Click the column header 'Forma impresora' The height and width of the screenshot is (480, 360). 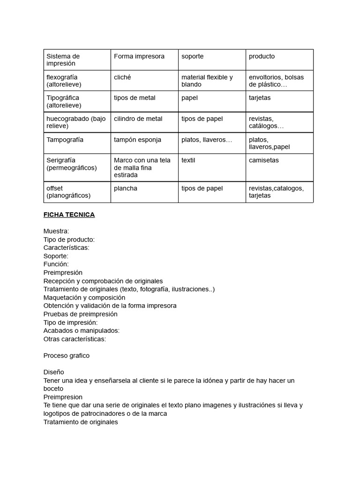pyautogui.click(x=139, y=56)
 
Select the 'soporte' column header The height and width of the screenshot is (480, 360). pyautogui.click(x=193, y=56)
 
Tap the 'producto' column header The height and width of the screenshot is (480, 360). pyautogui.click(x=262, y=56)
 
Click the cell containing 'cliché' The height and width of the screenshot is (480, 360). pyautogui.click(x=122, y=77)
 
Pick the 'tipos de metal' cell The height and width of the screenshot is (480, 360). pyautogui.click(x=135, y=98)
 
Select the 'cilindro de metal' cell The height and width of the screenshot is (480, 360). pyautogui.click(x=138, y=119)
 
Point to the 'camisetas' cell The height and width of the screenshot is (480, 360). pyautogui.click(x=263, y=160)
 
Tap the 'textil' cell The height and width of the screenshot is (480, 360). pyautogui.click(x=188, y=160)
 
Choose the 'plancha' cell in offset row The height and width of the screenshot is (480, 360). pyautogui.click(x=126, y=188)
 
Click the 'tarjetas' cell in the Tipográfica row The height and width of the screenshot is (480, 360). pyautogui.click(x=260, y=98)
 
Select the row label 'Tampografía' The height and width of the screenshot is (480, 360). pyautogui.click(x=65, y=140)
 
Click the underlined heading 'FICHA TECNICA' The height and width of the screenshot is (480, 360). pyautogui.click(x=69, y=215)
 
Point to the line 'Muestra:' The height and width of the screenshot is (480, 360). pyautogui.click(x=56, y=231)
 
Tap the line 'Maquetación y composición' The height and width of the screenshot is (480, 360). pyautogui.click(x=84, y=298)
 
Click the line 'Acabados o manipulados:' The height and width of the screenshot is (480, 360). pyautogui.click(x=82, y=330)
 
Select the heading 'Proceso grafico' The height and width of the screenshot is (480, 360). pyautogui.click(x=66, y=356)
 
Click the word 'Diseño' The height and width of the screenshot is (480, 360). pyautogui.click(x=54, y=372)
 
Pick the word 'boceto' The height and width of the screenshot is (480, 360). pyautogui.click(x=53, y=389)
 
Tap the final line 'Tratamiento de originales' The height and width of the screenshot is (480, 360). pyautogui.click(x=81, y=422)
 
